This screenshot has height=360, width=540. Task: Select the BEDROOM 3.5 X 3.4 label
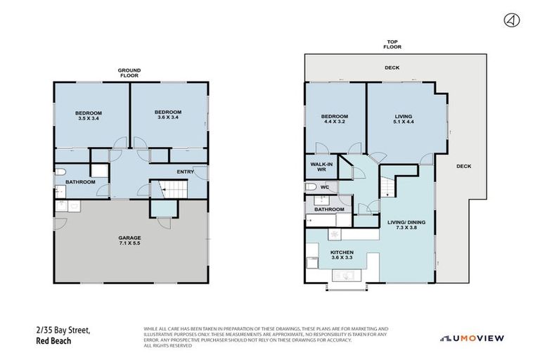89,115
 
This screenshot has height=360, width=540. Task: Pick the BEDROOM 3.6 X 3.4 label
168,115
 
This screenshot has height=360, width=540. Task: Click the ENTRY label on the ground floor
186,171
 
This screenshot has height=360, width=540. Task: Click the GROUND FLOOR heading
130,72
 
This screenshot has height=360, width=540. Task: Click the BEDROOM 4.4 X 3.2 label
334,119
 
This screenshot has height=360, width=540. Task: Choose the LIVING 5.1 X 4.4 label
403,119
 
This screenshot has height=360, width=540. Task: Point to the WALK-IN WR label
320,167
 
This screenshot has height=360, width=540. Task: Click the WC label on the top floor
324,187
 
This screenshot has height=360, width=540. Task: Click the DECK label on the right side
463,167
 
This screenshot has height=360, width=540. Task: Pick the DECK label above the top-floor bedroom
392,68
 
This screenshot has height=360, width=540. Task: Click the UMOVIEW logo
472,338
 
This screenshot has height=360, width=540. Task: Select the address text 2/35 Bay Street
62,330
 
